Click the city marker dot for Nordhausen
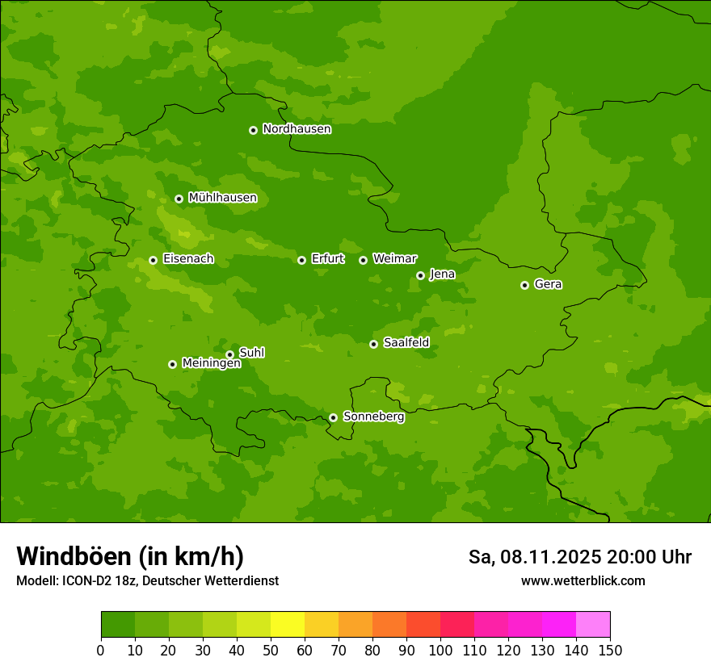253,130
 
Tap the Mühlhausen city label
222,198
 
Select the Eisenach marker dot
153,260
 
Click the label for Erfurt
327,259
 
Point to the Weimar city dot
363,260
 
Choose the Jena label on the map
442,274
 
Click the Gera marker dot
524,285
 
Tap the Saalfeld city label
406,343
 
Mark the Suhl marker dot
229,354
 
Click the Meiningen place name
211,364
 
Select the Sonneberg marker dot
333,417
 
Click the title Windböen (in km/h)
130,556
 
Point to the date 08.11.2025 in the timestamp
549,557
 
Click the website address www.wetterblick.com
583,581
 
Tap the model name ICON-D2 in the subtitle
85,581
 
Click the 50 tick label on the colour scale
271,650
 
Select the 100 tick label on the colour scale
440,650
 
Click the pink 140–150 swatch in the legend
593,625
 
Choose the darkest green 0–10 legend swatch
118,625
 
